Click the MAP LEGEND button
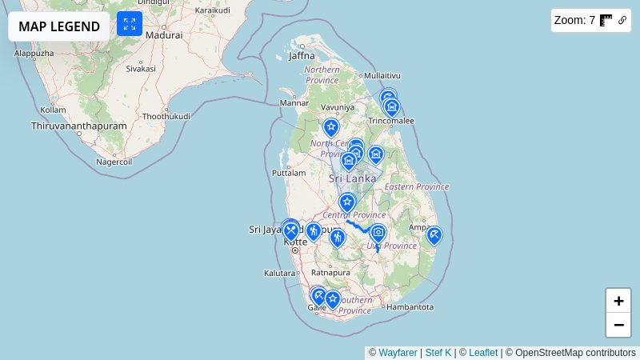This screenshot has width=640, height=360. pos(59,26)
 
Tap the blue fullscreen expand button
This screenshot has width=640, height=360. pos(130,23)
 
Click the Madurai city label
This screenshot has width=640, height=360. pos(164,35)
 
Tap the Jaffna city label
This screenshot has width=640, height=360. pos(302,55)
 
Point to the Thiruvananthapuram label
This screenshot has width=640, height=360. pos(79,126)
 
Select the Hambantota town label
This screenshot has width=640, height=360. pos(409,306)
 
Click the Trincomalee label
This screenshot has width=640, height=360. pos(391,121)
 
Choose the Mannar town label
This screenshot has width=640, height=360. pos(294,103)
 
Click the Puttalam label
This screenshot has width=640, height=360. pos(290,172)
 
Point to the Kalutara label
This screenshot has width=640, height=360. pos(279,273)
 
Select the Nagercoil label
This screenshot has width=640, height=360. pos(113,161)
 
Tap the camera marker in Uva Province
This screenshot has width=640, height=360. pos(378,233)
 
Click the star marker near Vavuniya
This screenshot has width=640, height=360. pos(331,126)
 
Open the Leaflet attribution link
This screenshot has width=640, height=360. pos(483,353)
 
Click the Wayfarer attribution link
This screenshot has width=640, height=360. pos(398,353)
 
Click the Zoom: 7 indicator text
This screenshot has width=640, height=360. pos(574,21)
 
